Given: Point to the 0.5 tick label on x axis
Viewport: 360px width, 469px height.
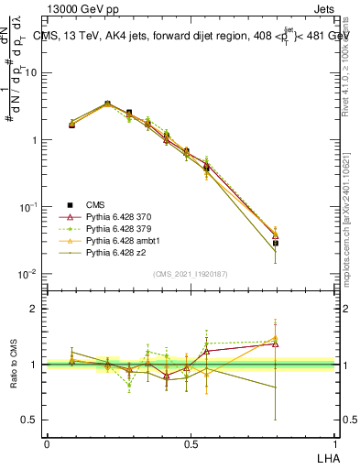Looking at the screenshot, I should pos(191,443).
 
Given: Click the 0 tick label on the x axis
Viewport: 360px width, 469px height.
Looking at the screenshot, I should pos(48,443).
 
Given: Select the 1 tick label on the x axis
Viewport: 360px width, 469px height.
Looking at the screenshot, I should pos(333,443).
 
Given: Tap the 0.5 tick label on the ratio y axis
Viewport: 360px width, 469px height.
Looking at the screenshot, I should pos(31,420).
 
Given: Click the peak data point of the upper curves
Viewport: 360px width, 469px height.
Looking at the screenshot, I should pos(107,104).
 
